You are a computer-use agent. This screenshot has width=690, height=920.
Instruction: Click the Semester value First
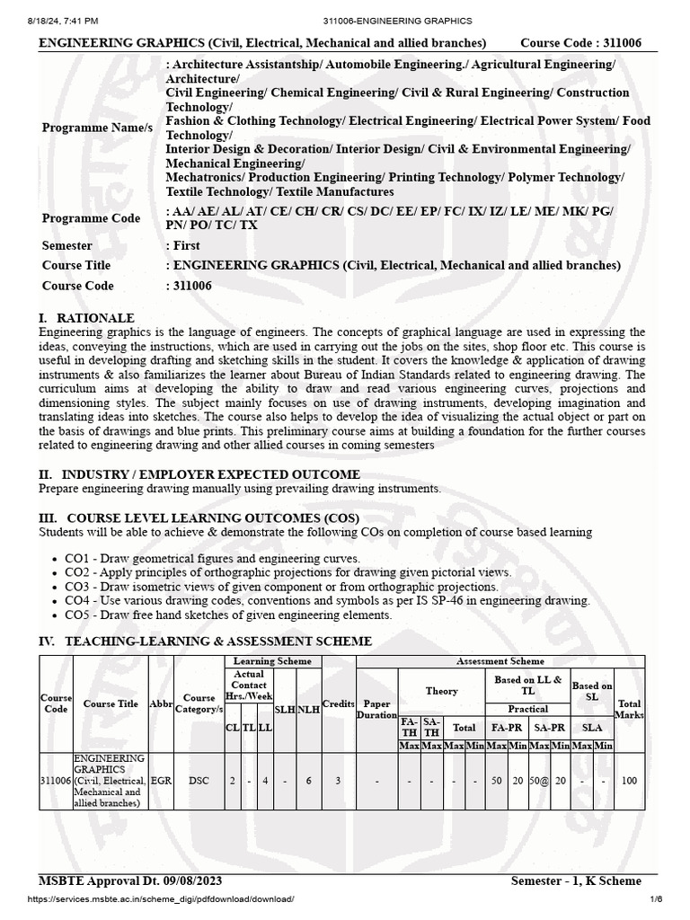(x=186, y=245)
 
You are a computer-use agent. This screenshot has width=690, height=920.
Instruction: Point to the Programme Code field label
(x=91, y=218)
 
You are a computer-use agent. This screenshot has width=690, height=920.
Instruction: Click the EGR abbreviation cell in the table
(x=162, y=781)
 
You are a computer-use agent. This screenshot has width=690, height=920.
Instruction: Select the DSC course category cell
(x=199, y=781)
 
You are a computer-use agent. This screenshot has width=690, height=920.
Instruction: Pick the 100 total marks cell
(x=629, y=781)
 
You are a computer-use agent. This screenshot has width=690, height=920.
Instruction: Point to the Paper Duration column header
(x=376, y=709)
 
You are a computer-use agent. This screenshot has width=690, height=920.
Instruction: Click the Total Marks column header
(x=629, y=709)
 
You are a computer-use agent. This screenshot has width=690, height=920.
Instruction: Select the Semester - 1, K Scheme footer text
(x=583, y=880)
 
